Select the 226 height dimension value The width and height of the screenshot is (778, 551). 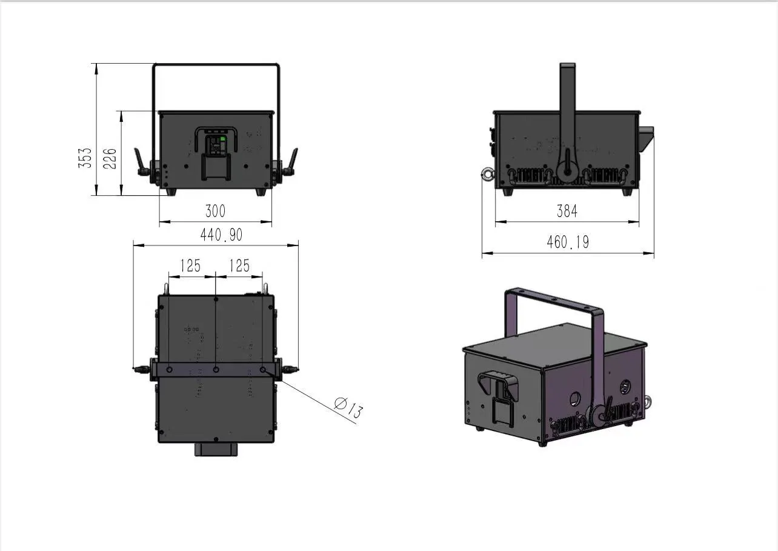(x=111, y=158)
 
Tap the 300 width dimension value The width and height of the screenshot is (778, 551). (x=215, y=211)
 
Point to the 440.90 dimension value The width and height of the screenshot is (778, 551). (x=221, y=235)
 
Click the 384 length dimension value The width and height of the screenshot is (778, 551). (x=567, y=211)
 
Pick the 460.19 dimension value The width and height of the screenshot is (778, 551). (x=568, y=242)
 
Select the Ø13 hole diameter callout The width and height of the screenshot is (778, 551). (x=349, y=407)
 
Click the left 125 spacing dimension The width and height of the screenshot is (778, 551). (x=190, y=265)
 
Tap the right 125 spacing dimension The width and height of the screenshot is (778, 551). (x=239, y=265)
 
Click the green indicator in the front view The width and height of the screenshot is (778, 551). (x=222, y=139)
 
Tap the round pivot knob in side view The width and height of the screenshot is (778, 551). (x=568, y=172)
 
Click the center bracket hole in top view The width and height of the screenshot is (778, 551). (x=216, y=369)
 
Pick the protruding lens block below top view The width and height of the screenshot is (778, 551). (x=216, y=449)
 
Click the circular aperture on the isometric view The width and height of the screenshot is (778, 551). (x=573, y=398)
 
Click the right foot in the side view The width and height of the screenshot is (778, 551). (x=627, y=191)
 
